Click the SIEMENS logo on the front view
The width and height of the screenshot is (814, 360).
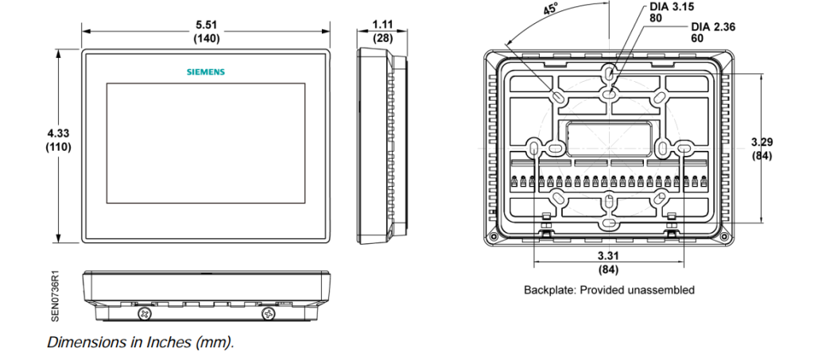(206, 72)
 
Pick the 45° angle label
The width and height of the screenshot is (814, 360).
(550, 10)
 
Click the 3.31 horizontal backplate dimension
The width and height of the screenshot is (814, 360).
(609, 256)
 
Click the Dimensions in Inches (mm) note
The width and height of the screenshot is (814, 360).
(141, 343)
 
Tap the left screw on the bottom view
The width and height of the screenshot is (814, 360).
(145, 315)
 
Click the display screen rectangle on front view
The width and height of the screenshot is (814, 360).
(206, 141)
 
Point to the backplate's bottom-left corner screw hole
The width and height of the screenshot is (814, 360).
(494, 236)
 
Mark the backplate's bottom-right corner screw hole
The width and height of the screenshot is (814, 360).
(723, 236)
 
